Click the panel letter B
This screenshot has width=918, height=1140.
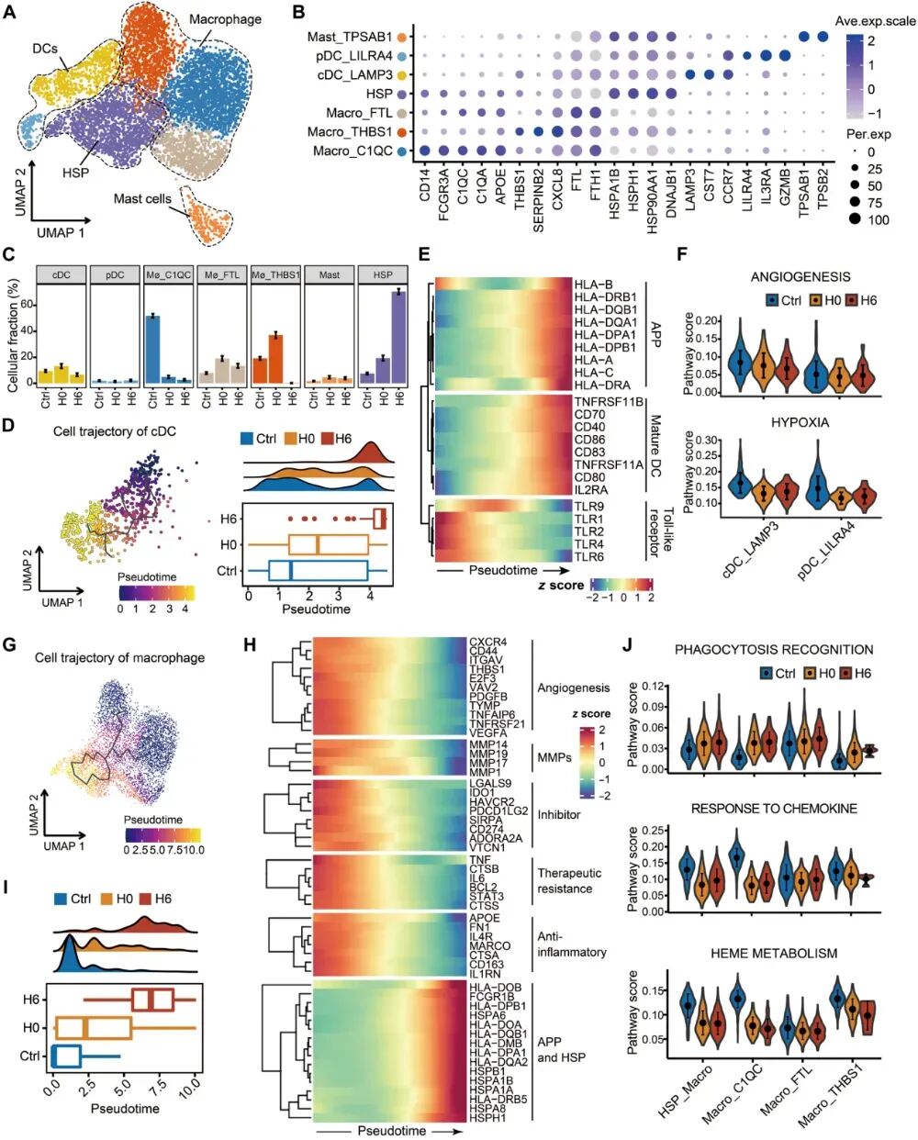[x=298, y=13]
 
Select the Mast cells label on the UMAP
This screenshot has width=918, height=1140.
[x=142, y=198]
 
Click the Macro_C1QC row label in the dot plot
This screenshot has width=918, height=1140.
[x=352, y=151]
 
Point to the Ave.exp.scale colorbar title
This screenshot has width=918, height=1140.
[x=875, y=20]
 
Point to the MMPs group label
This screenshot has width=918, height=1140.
[x=554, y=758]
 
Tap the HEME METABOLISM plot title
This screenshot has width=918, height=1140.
[x=774, y=954]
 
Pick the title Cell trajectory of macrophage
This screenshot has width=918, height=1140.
[x=119, y=657]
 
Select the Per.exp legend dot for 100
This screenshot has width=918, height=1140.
[x=856, y=219]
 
